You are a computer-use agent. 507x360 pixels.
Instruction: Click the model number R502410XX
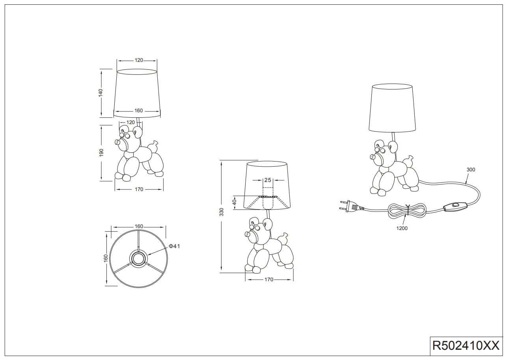[x=466, y=346]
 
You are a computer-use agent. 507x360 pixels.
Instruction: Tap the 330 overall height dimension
[x=222, y=212]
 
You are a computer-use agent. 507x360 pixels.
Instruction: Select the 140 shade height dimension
[x=101, y=93]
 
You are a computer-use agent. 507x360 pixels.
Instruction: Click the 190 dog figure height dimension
[x=101, y=153]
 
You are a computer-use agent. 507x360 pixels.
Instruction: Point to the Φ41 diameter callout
[x=174, y=246]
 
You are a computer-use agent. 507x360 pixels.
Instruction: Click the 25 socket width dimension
[x=268, y=180]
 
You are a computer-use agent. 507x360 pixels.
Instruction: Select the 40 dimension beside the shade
[x=235, y=202]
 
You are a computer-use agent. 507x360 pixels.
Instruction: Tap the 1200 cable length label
[x=402, y=228]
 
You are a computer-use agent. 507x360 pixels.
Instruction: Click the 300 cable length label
[x=471, y=170]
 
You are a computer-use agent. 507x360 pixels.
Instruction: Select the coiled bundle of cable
[x=406, y=211]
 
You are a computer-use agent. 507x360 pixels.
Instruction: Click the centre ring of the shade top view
[x=138, y=258]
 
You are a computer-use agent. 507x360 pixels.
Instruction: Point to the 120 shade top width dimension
[x=139, y=60]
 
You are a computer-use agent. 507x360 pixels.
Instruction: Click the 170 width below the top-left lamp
[x=139, y=189]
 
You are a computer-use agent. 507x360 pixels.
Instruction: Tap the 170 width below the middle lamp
[x=269, y=280]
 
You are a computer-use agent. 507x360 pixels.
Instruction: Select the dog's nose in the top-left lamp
[x=117, y=143]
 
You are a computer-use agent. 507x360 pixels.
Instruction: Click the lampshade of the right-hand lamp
[x=392, y=108]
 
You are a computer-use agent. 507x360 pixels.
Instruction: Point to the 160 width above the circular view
[x=139, y=226]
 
